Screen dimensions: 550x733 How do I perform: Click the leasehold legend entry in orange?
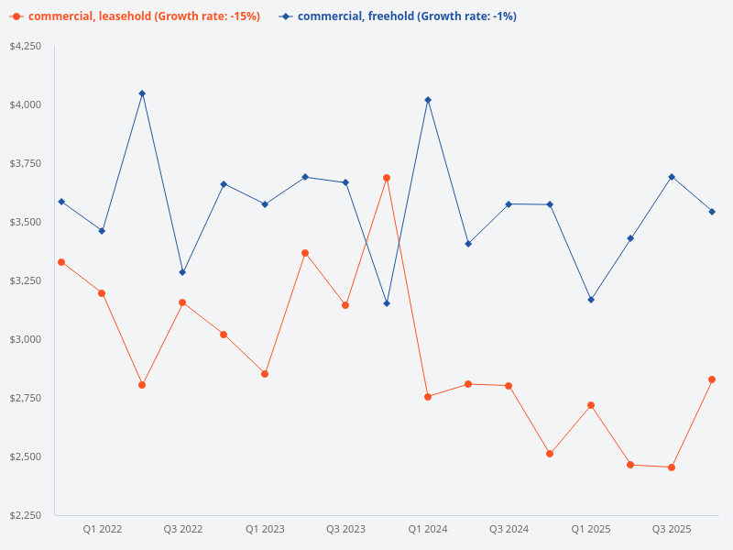click(x=136, y=16)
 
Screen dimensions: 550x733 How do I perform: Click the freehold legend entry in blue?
click(x=398, y=16)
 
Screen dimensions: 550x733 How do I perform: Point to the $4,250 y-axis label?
click(x=25, y=46)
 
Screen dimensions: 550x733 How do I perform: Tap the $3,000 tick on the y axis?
click(x=25, y=339)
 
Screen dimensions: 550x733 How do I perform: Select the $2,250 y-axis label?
click(x=25, y=515)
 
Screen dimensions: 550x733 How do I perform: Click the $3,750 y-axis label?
click(x=25, y=163)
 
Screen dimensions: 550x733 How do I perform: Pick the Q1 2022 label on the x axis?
click(x=102, y=529)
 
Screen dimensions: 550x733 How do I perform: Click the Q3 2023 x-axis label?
click(x=345, y=529)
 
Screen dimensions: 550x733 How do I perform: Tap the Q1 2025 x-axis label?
click(x=590, y=529)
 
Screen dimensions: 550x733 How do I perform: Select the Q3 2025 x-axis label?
click(x=672, y=529)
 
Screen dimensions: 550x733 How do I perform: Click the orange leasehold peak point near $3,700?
click(x=387, y=178)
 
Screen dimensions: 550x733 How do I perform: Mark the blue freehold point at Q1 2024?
click(x=428, y=100)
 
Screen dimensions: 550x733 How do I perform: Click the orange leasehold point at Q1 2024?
click(x=428, y=397)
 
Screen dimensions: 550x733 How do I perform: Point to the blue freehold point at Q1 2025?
click(x=591, y=300)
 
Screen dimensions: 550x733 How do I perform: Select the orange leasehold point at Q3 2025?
click(x=672, y=467)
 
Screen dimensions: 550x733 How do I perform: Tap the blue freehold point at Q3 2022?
click(x=182, y=272)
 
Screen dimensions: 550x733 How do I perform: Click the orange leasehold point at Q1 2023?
click(x=265, y=374)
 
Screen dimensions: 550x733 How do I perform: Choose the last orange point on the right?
click(x=712, y=379)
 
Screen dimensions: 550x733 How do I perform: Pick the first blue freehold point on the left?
click(x=61, y=202)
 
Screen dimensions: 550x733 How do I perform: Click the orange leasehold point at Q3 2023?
click(x=345, y=305)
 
